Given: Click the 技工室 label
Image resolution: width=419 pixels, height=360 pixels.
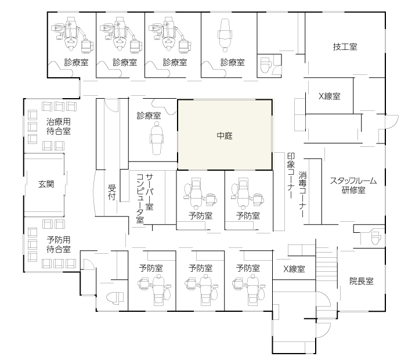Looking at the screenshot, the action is click(345, 47).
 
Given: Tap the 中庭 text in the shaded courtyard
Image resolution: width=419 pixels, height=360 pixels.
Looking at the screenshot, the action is click(225, 136).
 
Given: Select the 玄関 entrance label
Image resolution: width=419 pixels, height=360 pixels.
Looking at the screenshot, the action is click(46, 184).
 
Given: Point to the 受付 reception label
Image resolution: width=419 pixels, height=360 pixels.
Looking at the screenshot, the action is click(111, 192).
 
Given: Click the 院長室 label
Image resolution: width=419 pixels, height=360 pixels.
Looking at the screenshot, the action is click(362, 281).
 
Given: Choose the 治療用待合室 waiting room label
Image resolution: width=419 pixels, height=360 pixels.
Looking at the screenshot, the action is click(59, 127).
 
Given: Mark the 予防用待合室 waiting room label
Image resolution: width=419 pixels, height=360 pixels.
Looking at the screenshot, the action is click(59, 244).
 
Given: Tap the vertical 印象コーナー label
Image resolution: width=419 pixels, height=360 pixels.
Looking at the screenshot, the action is click(291, 176).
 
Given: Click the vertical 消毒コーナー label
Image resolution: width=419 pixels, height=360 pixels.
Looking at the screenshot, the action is click(302, 195).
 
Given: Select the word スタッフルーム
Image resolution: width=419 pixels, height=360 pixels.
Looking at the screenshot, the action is click(353, 181).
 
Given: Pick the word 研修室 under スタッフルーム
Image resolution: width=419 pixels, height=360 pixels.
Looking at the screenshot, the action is click(353, 190).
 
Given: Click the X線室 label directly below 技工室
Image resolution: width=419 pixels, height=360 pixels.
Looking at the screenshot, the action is click(330, 96).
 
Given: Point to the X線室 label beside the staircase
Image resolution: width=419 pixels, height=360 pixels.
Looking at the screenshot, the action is click(294, 269).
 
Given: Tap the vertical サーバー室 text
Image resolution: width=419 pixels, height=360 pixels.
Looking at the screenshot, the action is click(149, 192).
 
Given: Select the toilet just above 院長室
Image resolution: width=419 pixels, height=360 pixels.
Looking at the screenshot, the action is click(375, 237).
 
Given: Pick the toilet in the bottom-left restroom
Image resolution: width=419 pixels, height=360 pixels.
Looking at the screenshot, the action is click(115, 297).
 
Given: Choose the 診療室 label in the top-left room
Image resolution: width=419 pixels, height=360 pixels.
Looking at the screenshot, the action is click(76, 62).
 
